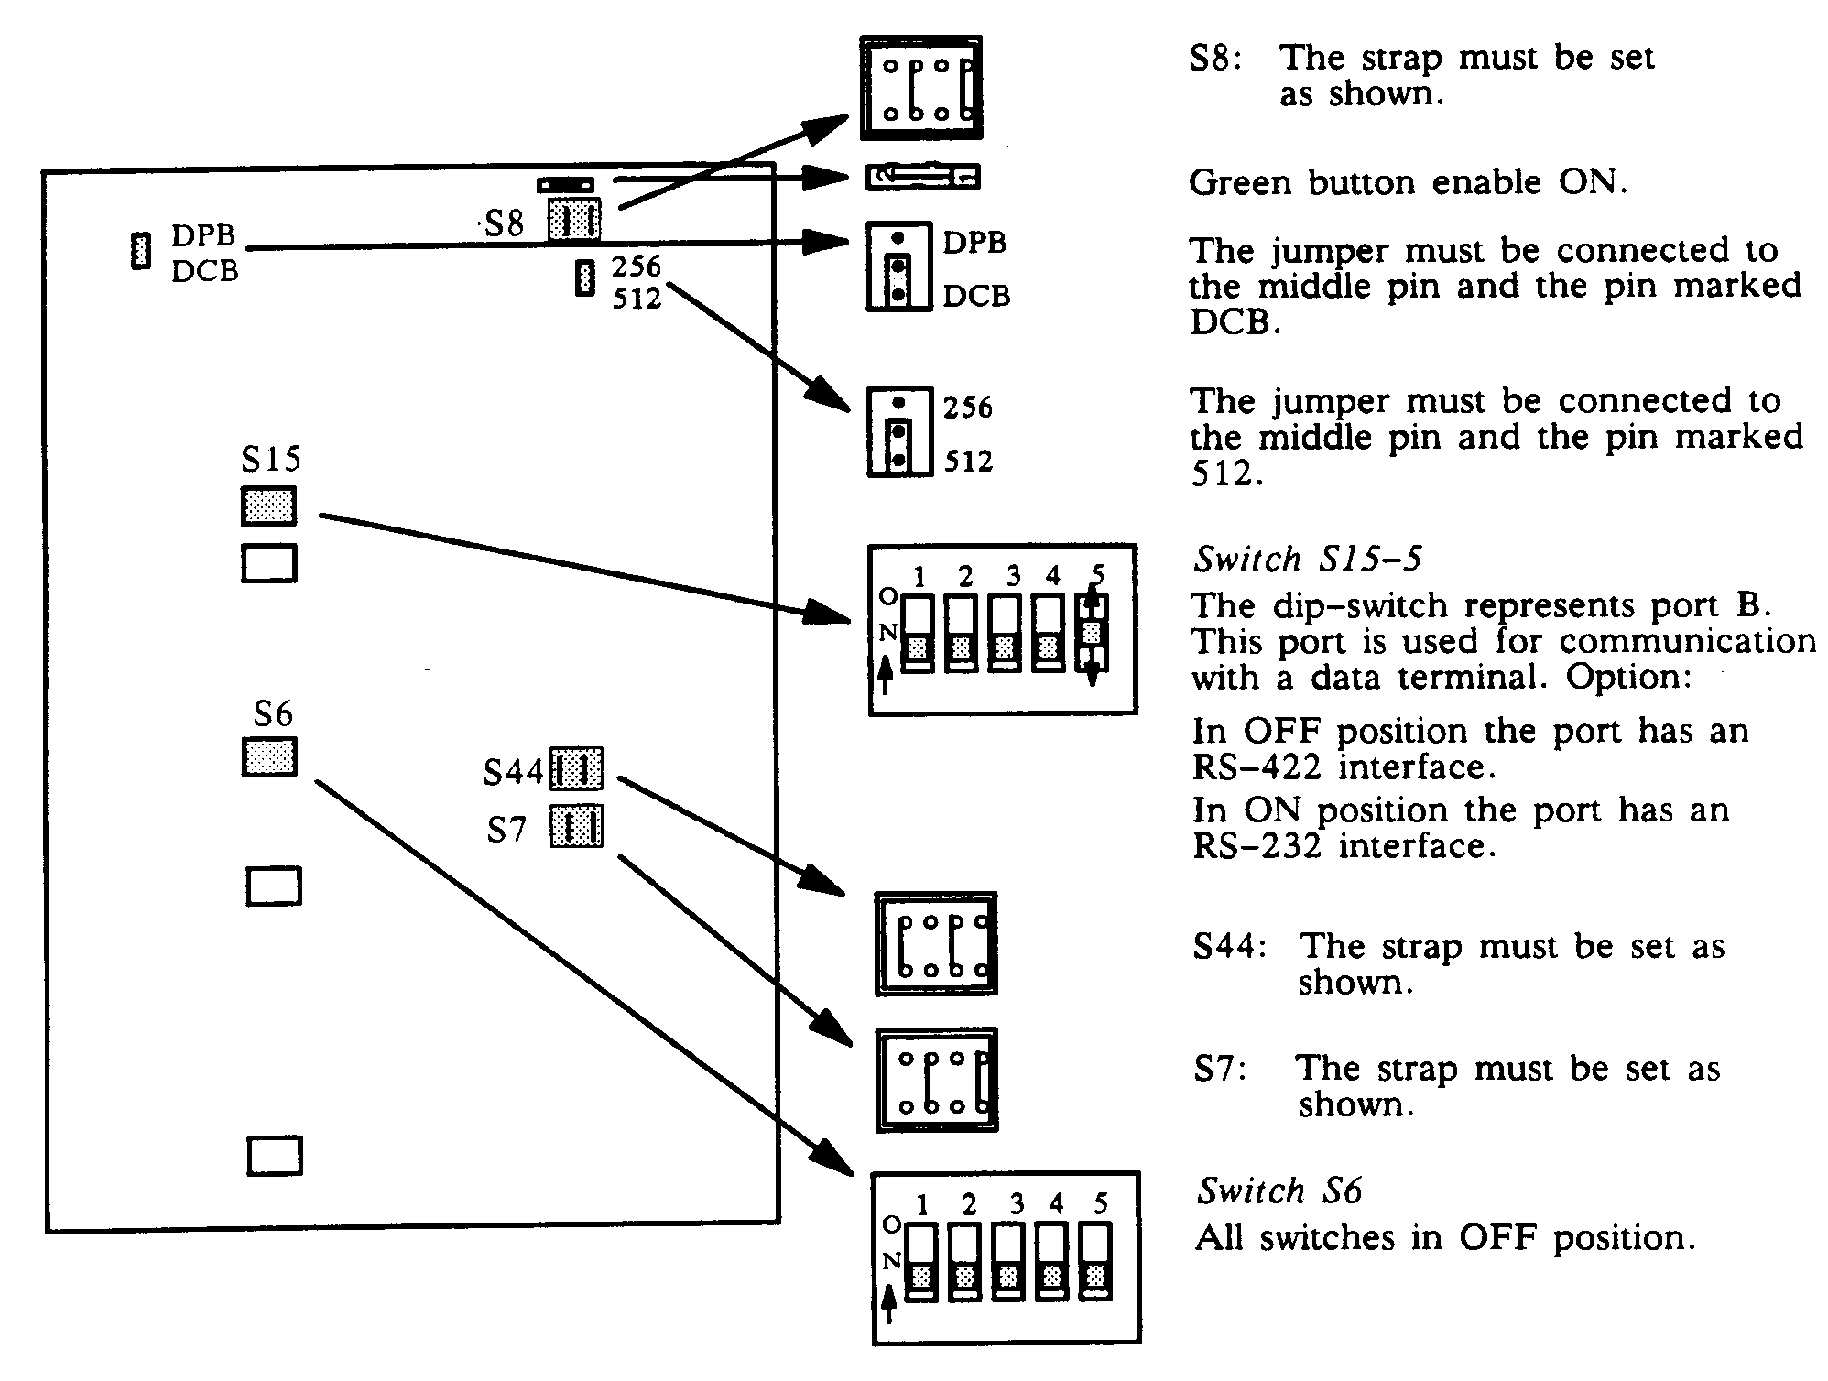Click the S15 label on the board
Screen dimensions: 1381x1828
(270, 458)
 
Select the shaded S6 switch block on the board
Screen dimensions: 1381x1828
(269, 757)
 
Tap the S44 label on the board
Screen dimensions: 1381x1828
(513, 772)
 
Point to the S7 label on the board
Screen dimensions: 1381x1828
(506, 830)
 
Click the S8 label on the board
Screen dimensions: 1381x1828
(505, 223)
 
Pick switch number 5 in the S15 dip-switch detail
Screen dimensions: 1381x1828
(1092, 632)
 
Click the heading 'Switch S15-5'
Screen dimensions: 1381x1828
(1308, 559)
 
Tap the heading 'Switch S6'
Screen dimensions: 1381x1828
(1279, 1191)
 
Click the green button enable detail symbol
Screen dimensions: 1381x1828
(923, 177)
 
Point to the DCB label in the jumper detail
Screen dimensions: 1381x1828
(976, 296)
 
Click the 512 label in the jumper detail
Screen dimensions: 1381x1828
(968, 461)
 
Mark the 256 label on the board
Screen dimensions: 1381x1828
(637, 266)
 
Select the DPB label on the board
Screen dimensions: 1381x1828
(203, 235)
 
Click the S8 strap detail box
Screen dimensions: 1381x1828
(921, 88)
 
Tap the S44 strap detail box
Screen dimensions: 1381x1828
(936, 943)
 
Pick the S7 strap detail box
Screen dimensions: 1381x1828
(936, 1081)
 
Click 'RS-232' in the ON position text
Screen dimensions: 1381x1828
(1257, 846)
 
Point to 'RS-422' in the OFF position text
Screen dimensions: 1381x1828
(1257, 767)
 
